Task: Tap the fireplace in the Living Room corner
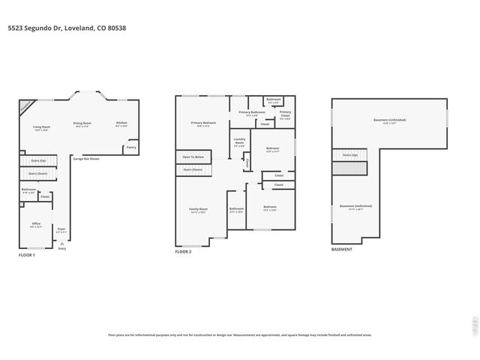tap(25, 106)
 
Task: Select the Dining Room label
tap(82, 124)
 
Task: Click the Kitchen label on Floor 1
tap(121, 124)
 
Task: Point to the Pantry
tap(131, 148)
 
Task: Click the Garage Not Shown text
tap(85, 159)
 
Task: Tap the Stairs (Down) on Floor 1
tap(37, 173)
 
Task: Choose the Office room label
tap(34, 225)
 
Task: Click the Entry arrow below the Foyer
tap(61, 245)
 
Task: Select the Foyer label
tap(61, 230)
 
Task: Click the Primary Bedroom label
tap(203, 124)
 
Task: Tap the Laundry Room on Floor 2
tap(239, 142)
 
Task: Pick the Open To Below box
tap(193, 157)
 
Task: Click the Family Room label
tap(198, 210)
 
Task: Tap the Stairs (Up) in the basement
tap(349, 155)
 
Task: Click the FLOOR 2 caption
tap(184, 253)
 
